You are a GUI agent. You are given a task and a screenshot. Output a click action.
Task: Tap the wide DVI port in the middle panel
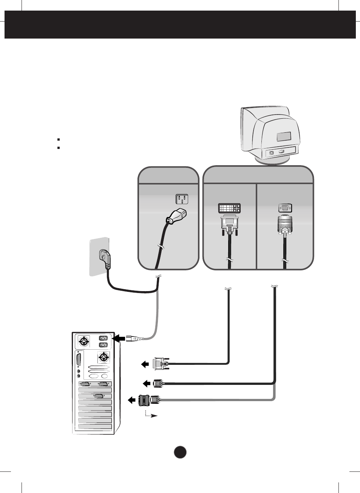coord(229,208)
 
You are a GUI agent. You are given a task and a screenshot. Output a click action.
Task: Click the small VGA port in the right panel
coord(285,208)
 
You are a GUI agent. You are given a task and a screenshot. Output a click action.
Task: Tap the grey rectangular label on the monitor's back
coord(284,136)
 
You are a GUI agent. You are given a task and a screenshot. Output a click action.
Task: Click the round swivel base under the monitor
coord(272,160)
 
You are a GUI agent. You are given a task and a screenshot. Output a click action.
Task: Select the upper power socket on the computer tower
coord(103,338)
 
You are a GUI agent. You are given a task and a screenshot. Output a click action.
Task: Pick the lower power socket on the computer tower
coord(103,345)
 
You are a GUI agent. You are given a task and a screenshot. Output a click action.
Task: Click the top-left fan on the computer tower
coord(83,342)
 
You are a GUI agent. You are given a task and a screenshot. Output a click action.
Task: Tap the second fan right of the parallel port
coord(103,357)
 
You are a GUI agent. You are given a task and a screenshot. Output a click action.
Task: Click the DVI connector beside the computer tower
coord(161,364)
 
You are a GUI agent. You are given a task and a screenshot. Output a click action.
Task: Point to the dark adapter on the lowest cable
coord(144,400)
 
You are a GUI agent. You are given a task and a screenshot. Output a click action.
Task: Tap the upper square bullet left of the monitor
coord(59,140)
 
